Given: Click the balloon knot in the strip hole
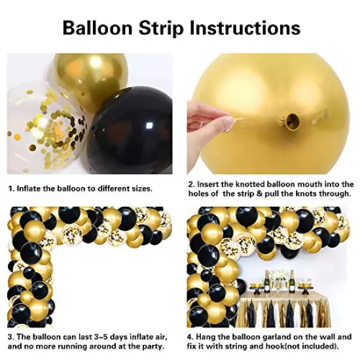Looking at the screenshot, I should click(287, 121).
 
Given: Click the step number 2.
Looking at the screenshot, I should click(190, 185).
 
